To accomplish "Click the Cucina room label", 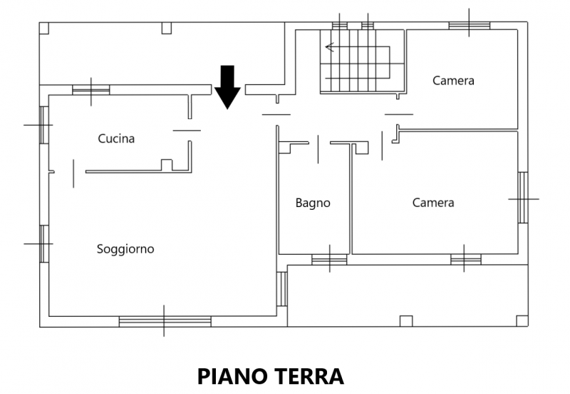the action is coord(116,138).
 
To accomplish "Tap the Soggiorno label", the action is coord(125,249).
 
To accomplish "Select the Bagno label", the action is coord(313,203).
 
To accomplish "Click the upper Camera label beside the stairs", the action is coord(453,81).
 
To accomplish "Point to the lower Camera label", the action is coord(433,203).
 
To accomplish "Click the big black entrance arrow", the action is coord(227,87).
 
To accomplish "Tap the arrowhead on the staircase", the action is coord(329,47).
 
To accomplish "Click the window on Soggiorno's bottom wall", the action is coord(165,322).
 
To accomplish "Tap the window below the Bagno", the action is coord(329,260).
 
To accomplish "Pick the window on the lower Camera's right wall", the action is coord(523,198).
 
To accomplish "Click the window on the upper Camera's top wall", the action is coord(470,26).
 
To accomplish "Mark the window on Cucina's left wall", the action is coord(44,125).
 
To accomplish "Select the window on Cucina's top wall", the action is coord(91,90).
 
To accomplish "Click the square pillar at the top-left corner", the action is coord(44,28).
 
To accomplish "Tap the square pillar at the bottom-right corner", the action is coord(522,321).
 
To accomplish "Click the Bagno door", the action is coord(318,149).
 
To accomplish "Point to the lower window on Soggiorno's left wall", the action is coord(44,244).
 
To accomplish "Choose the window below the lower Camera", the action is coord(466,260).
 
